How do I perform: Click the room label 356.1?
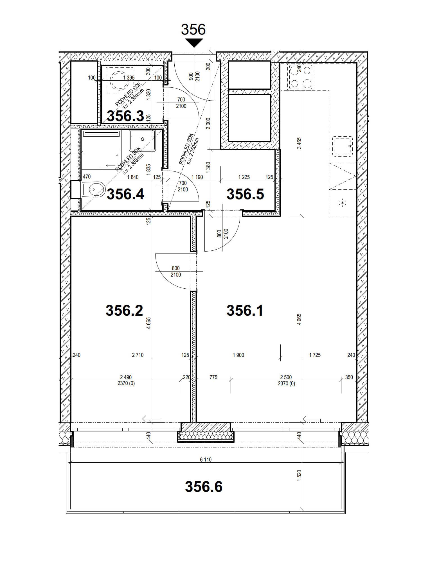click(245, 311)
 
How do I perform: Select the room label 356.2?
click(124, 311)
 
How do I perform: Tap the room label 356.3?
click(125, 116)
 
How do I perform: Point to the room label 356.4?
click(125, 194)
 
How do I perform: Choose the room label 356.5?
click(245, 194)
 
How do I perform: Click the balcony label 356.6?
click(204, 487)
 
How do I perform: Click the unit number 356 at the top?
click(193, 29)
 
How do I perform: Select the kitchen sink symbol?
click(343, 146)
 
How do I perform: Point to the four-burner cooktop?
click(301, 76)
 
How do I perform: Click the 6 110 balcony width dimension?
click(206, 460)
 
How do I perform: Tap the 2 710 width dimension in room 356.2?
click(138, 355)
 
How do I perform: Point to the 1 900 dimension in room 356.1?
click(238, 355)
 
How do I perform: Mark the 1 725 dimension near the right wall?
click(315, 355)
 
